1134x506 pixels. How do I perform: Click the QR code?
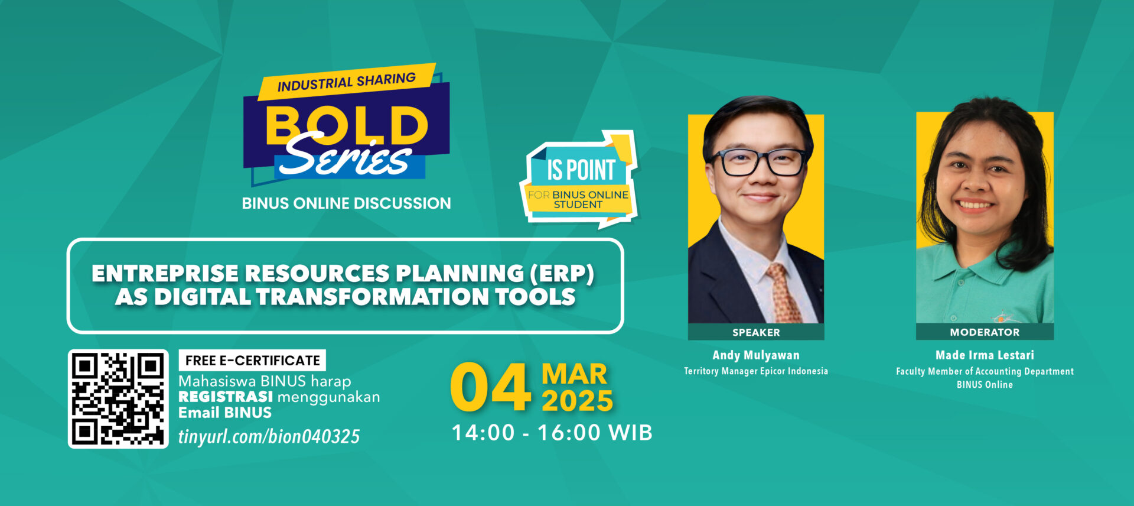click(118, 398)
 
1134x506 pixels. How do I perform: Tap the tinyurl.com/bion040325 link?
click(269, 436)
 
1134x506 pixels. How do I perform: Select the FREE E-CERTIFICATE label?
click(252, 360)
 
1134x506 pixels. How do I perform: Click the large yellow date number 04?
click(490, 387)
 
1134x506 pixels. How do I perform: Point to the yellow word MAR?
click(574, 374)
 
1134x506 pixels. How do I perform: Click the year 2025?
click(577, 401)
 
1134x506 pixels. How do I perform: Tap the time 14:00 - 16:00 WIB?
click(552, 433)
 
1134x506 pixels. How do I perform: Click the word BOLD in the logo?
click(347, 125)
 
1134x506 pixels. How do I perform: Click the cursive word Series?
click(346, 155)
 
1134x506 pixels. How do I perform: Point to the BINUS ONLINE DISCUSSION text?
click(346, 203)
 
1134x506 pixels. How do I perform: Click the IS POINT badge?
click(579, 179)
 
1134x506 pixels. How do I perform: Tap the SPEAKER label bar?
click(756, 332)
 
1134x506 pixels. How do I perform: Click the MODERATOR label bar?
click(985, 332)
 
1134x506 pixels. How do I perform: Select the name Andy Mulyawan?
click(756, 355)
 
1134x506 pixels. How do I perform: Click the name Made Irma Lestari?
click(985, 355)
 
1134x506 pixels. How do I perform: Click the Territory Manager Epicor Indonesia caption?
click(756, 371)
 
